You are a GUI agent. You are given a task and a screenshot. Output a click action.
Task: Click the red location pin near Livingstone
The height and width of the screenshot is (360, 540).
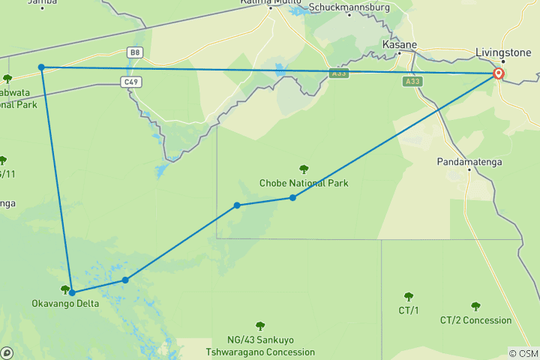(x=498, y=74)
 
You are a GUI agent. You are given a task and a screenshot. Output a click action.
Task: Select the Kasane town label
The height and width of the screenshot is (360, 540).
(x=399, y=44)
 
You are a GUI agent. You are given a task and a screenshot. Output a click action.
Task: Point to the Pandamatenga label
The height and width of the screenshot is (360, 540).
(x=469, y=161)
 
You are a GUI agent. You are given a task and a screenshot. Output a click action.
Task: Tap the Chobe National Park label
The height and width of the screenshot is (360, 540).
(x=304, y=183)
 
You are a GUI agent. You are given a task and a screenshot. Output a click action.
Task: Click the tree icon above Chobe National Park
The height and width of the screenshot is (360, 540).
(x=304, y=169)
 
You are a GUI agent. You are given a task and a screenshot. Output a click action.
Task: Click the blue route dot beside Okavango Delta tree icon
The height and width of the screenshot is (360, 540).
(x=72, y=292)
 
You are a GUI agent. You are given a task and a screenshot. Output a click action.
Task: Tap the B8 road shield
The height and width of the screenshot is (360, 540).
(x=134, y=52)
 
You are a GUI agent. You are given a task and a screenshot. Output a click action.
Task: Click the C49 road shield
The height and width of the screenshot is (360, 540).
(x=130, y=82)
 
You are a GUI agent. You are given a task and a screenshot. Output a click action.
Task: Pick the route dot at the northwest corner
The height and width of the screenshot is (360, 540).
(x=42, y=67)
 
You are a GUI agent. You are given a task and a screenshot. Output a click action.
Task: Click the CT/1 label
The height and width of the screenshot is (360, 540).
(x=409, y=310)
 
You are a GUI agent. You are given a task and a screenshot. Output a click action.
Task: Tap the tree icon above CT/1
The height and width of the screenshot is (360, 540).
(x=409, y=297)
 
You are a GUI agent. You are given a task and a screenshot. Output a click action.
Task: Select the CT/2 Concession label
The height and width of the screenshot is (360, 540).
(x=475, y=320)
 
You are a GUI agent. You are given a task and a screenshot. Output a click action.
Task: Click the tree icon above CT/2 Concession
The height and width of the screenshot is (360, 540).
(x=475, y=307)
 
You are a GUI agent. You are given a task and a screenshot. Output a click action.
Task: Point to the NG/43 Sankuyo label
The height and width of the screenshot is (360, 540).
(x=260, y=340)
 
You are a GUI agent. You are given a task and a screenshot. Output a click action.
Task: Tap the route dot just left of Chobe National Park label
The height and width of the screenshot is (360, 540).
(x=292, y=197)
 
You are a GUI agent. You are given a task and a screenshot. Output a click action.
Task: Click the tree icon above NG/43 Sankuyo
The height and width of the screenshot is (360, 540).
(x=260, y=326)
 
